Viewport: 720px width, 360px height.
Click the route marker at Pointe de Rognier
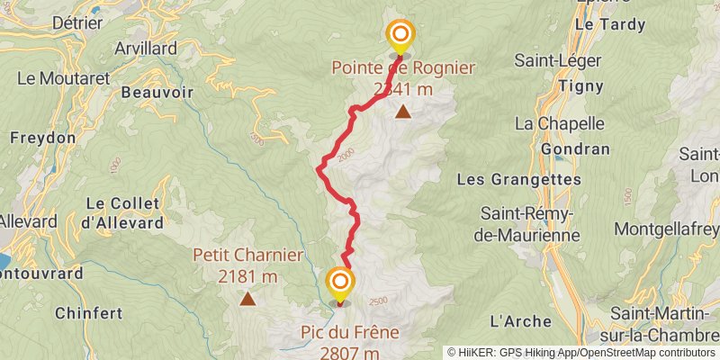coord(400,37)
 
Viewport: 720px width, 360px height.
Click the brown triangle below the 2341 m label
coord(402,112)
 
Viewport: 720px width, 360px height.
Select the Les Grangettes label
coord(519,179)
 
